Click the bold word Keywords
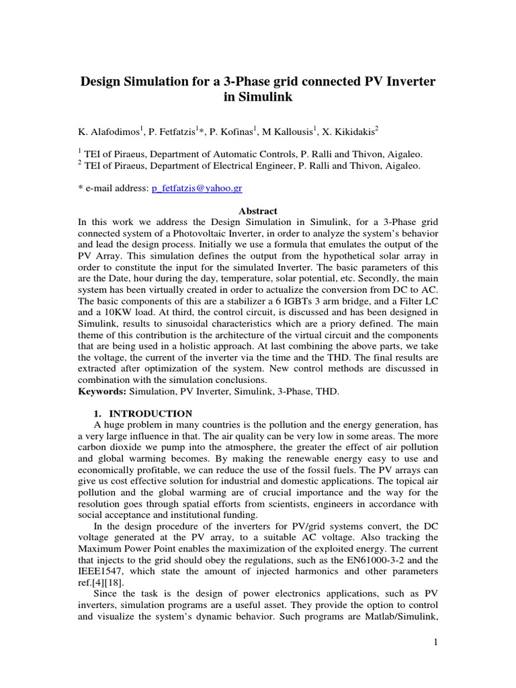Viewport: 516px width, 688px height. pos(101,392)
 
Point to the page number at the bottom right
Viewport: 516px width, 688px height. pos(435,643)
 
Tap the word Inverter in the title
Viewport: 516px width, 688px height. pos(407,81)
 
